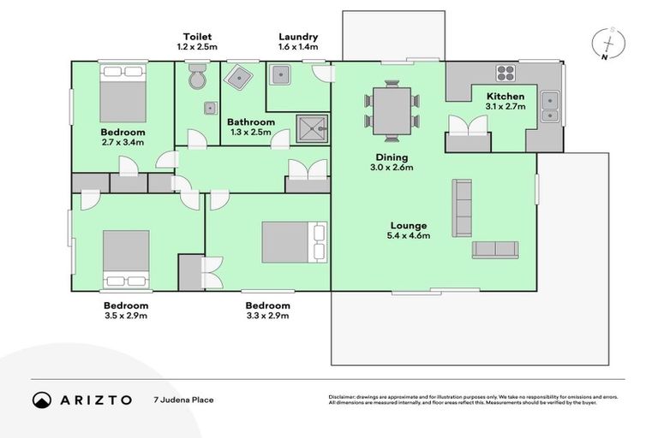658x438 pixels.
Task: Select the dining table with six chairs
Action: [x=392, y=111]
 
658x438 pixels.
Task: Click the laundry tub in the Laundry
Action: [x=281, y=76]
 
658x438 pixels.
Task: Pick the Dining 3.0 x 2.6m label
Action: [x=391, y=163]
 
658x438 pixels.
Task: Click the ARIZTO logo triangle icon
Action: [x=42, y=400]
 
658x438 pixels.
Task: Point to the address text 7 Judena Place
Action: [x=183, y=400]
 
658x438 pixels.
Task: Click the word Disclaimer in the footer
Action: [x=343, y=397]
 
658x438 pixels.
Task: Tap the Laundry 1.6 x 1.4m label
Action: [x=298, y=42]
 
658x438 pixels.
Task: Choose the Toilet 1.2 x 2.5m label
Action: [x=197, y=42]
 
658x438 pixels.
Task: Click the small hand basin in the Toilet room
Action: [x=209, y=109]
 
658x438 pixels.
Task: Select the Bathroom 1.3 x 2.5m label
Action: [x=251, y=127]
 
